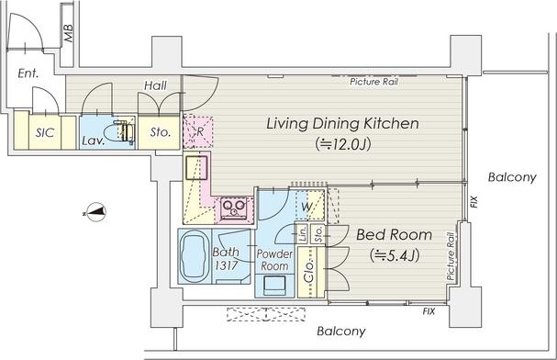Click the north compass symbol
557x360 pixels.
click(95, 212)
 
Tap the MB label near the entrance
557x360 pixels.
click(68, 33)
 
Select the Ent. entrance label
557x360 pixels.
click(28, 73)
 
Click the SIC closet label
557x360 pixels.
click(45, 132)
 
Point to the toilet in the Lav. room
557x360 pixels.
click(123, 131)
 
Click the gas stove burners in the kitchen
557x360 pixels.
click(234, 208)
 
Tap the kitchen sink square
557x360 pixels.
click(195, 167)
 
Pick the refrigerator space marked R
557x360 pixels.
click(198, 131)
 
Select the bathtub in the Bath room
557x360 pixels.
click(194, 256)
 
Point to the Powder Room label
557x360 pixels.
click(274, 260)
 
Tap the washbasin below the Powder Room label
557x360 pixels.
click(274, 286)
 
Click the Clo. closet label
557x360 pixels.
click(309, 271)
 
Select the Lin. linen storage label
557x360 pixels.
click(302, 233)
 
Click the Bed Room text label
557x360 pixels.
click(394, 235)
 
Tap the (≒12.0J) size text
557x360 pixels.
click(343, 144)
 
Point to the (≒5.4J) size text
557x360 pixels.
click(395, 254)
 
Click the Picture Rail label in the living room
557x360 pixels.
click(373, 82)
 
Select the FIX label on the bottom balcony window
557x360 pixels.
click(429, 311)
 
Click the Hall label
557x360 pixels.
click(155, 85)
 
